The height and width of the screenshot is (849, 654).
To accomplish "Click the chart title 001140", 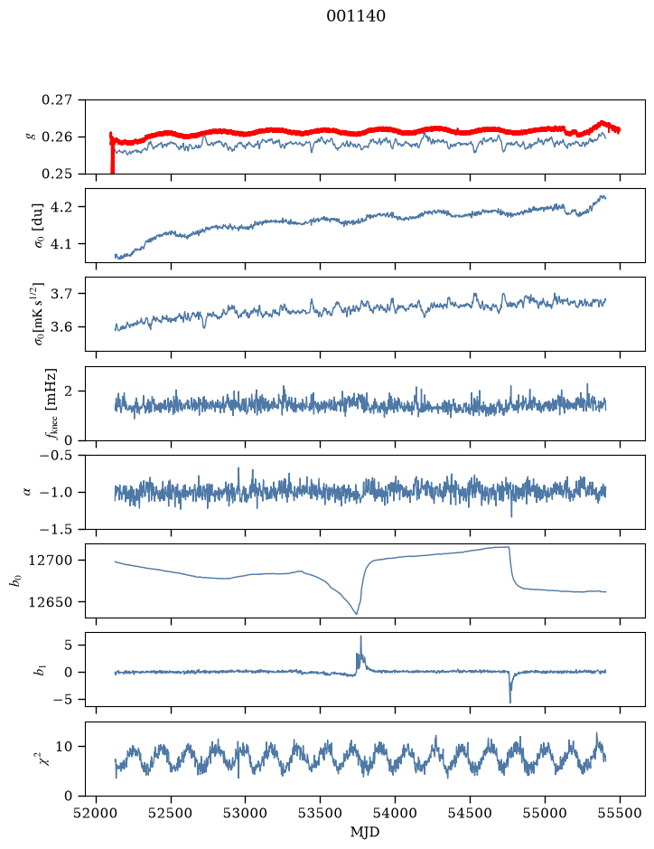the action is coord(355,15).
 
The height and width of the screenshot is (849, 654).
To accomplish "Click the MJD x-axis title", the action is coord(365,832).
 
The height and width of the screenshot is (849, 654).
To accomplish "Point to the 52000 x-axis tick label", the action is coord(97,813).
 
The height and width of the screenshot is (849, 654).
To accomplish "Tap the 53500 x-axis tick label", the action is coord(321,813).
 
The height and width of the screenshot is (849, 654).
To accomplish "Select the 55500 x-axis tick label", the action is coord(620,813).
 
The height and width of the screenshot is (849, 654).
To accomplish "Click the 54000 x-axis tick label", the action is coord(396,813).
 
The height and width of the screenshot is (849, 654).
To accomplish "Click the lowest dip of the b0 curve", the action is coord(356,613).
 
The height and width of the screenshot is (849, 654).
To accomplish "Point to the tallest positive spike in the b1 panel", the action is coord(360,637).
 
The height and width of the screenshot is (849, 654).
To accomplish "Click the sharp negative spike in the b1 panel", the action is coord(510,702).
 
